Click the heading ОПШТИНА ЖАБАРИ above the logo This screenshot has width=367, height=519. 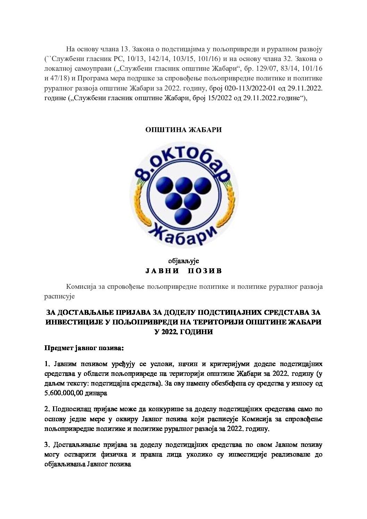183,130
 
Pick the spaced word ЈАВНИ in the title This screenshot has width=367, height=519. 162,271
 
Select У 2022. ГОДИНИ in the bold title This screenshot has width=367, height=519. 183,332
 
